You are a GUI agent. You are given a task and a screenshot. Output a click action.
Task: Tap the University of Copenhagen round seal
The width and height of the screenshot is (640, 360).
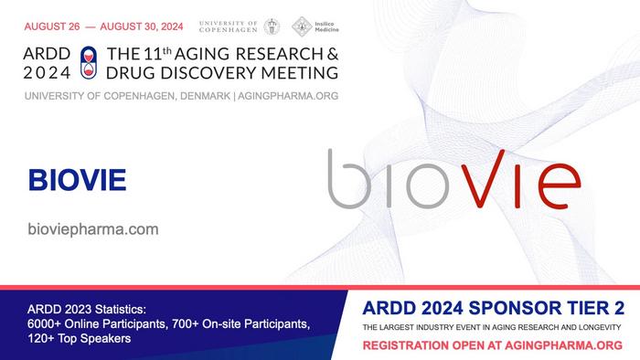(272, 26)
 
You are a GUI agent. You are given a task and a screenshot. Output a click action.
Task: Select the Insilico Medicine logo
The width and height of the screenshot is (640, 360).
(303, 26)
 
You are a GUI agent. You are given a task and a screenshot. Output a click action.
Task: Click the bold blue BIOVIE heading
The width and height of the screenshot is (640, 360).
(76, 180)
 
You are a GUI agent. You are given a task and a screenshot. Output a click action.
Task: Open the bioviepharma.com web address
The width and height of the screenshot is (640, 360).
(93, 229)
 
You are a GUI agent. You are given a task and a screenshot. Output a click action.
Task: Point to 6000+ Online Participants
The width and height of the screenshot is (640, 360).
(101, 324)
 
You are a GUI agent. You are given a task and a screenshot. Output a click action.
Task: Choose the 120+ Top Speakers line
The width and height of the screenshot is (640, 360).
(80, 339)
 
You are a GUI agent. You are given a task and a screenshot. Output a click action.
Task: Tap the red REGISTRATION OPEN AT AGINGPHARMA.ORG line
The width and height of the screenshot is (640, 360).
(493, 345)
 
